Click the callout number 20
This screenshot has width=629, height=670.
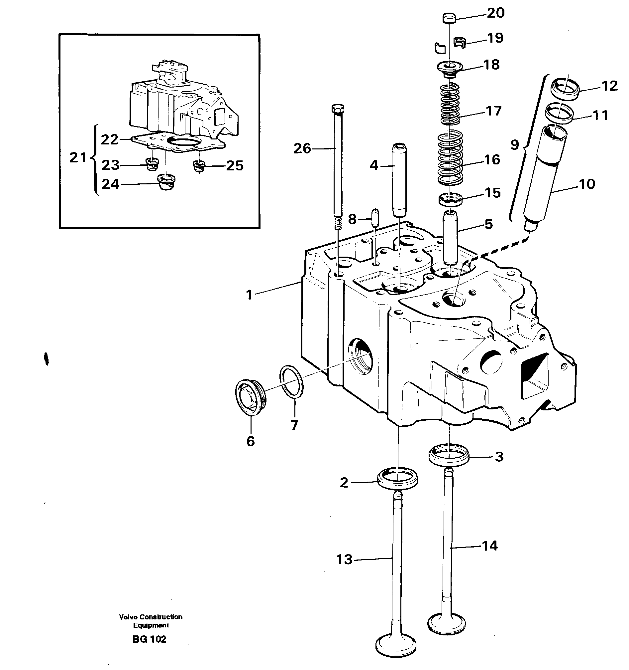click(496, 13)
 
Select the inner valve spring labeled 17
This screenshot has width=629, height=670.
click(450, 104)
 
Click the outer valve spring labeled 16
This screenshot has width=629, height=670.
click(450, 157)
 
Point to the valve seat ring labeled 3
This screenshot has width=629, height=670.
click(449, 455)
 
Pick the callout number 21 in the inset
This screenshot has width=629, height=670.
click(78, 157)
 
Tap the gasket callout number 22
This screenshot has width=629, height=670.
click(110, 139)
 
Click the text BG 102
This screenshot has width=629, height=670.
click(150, 639)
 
